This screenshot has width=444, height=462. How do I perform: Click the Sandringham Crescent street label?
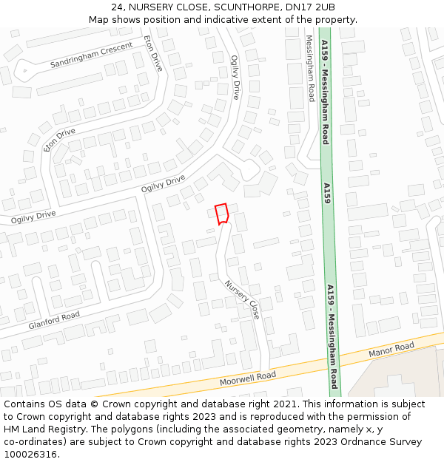click(91, 55)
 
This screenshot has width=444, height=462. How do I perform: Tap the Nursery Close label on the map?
click(243, 299)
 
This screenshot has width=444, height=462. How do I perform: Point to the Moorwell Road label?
click(247, 379)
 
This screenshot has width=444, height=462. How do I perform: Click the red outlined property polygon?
click(221, 214)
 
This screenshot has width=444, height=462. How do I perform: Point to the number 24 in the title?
click(118, 7)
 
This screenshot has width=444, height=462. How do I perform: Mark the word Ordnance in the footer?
click(367, 442)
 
